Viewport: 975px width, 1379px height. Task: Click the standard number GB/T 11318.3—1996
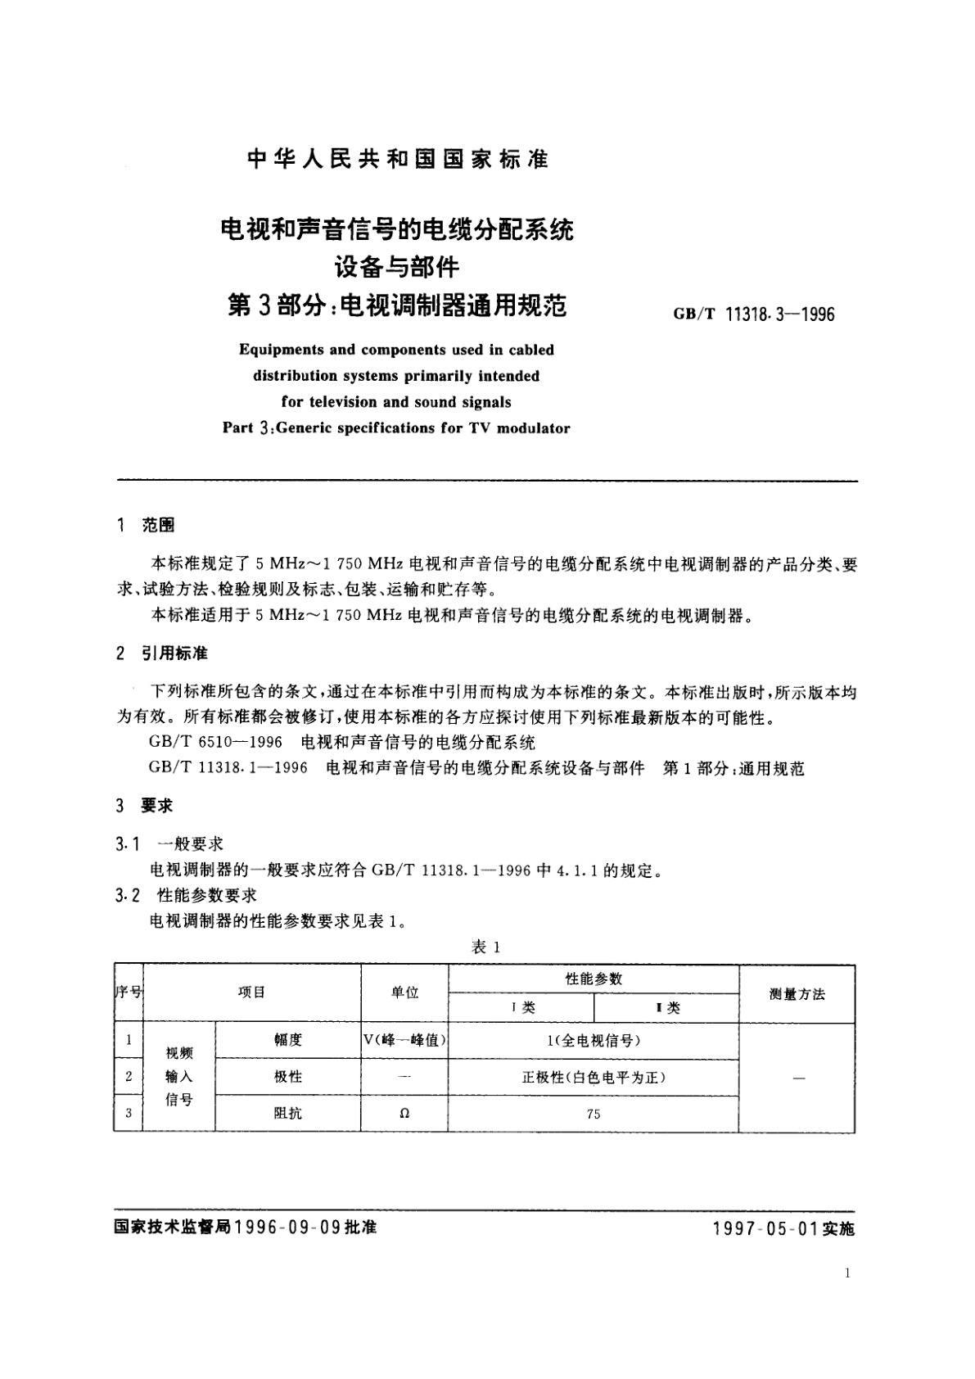[x=753, y=314]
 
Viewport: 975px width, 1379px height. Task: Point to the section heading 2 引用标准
[x=162, y=653]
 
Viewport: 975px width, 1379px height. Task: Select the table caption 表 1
[x=486, y=947]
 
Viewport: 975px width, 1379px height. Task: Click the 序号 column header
[x=129, y=992]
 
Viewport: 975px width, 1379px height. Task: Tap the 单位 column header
[x=404, y=992]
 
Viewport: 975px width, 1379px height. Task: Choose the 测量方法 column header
[x=797, y=994]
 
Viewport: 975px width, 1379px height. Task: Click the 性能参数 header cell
[x=594, y=979]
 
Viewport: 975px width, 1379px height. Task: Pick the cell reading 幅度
[x=288, y=1040]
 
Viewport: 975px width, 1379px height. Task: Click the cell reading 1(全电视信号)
[x=594, y=1040]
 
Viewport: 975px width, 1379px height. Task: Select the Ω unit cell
[x=404, y=1114]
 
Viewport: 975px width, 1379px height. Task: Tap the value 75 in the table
[x=594, y=1114]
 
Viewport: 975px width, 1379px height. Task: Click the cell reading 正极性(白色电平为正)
[x=594, y=1077]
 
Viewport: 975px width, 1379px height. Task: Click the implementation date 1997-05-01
[x=765, y=1229]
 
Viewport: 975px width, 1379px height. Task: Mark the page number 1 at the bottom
[x=846, y=1273]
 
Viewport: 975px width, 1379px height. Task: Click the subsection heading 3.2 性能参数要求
[x=187, y=895]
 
